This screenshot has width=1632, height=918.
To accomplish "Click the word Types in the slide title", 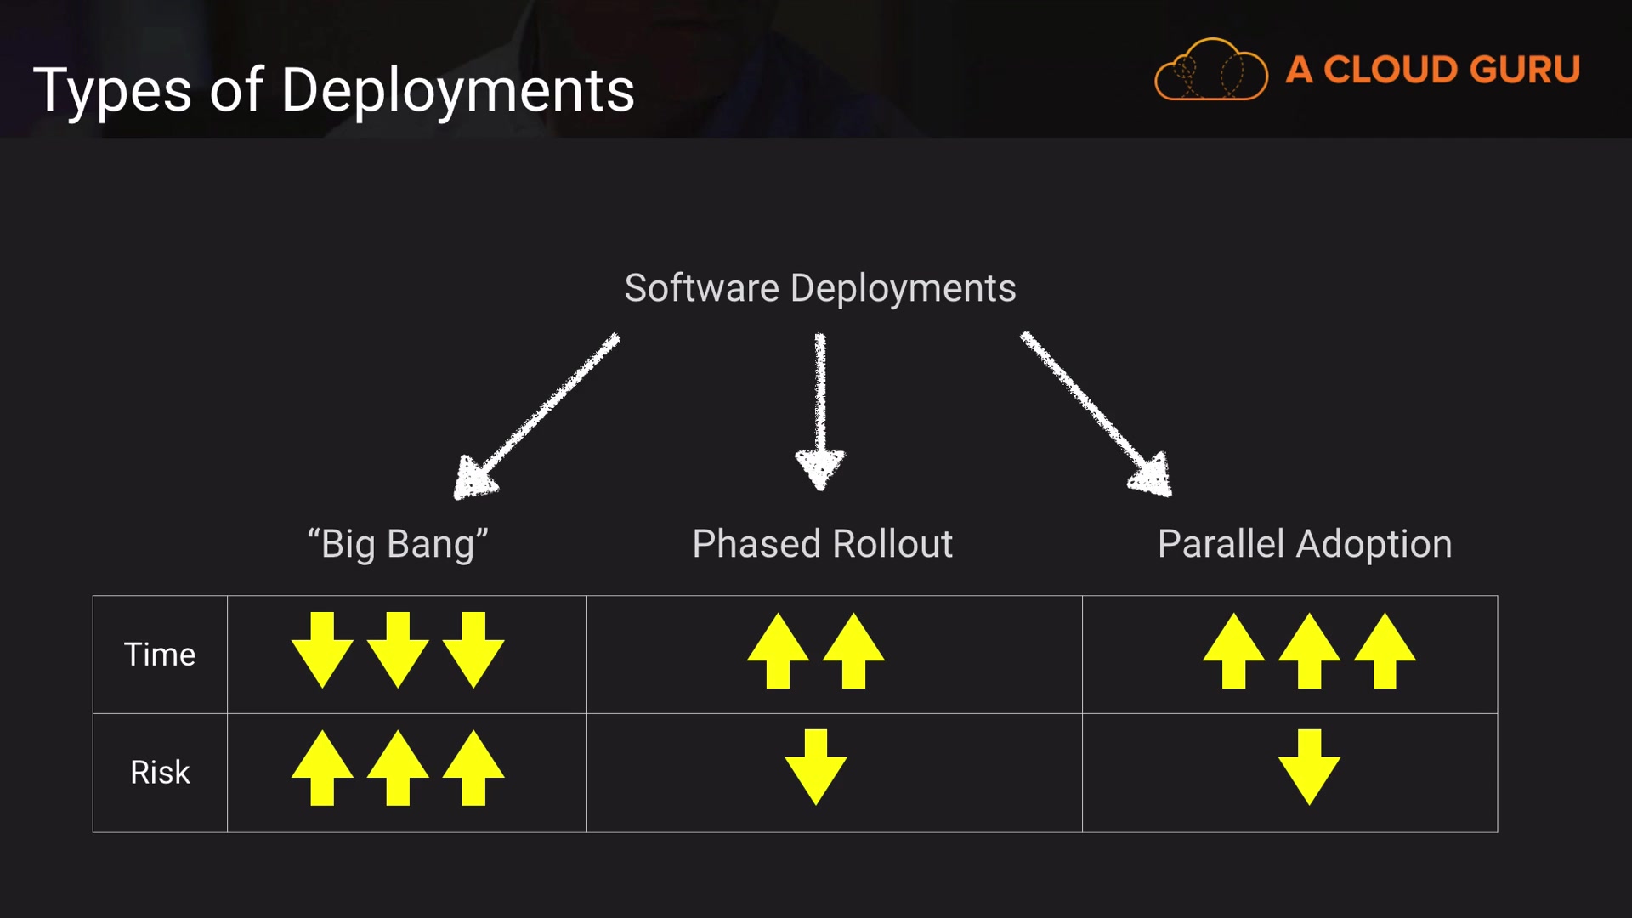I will pos(112,91).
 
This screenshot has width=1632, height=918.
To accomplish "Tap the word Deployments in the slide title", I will pos(457,91).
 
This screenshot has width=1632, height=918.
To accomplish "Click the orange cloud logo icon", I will pos(1210,71).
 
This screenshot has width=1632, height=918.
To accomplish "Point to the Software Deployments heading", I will pos(819,288).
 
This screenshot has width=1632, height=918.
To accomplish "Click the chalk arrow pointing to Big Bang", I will pos(535,416).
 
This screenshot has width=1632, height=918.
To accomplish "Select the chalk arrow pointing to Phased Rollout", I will pos(820,412).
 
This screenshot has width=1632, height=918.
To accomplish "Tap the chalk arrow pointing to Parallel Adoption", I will pos(1096,413).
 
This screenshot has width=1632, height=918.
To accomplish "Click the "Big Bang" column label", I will pos(398,544).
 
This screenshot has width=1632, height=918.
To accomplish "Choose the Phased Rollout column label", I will pos(822,544).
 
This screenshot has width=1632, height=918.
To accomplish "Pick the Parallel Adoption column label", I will pos(1305,544).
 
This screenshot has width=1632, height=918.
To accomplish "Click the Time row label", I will pos(160,654).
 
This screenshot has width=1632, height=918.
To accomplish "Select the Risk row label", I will pos(160,773).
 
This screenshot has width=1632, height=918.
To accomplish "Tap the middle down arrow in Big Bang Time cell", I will pos(398,649).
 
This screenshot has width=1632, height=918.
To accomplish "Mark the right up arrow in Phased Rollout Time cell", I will pos(853,651).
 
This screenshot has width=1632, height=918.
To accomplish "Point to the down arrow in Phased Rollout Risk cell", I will pos(816,767).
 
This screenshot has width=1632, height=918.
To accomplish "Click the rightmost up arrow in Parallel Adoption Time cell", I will pos(1385,651).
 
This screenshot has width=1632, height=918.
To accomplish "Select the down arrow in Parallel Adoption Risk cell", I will pos(1309,767).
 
